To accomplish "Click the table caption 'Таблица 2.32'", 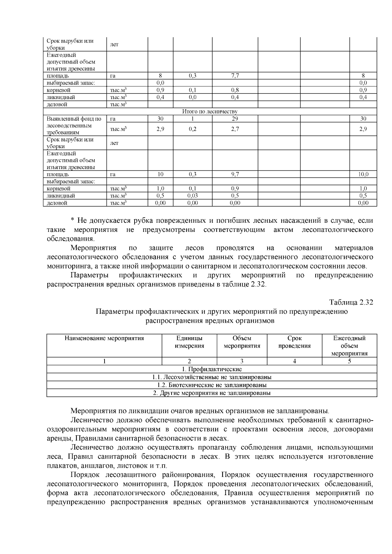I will [351, 302].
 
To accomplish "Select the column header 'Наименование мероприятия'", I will [104, 338].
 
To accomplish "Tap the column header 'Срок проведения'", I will [294, 342].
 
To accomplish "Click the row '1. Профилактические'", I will [212, 369].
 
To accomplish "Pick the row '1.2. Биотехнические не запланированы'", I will [212, 385].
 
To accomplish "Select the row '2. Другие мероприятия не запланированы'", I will [212, 393].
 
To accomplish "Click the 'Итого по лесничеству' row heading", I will [210, 112].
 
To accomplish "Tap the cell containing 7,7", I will [235, 76].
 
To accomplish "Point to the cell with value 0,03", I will [192, 196].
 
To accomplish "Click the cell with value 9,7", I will [235, 174].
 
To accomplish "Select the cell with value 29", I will [235, 119].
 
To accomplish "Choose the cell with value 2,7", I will [235, 129].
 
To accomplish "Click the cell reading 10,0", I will [363, 174].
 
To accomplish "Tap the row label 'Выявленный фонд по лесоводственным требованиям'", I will [74, 126].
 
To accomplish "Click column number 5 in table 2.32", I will [349, 361].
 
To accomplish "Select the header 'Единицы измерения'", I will [189, 342].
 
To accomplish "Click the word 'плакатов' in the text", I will [59, 466].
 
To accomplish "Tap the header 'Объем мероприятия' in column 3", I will [242, 342].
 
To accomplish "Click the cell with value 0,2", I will [192, 129].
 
